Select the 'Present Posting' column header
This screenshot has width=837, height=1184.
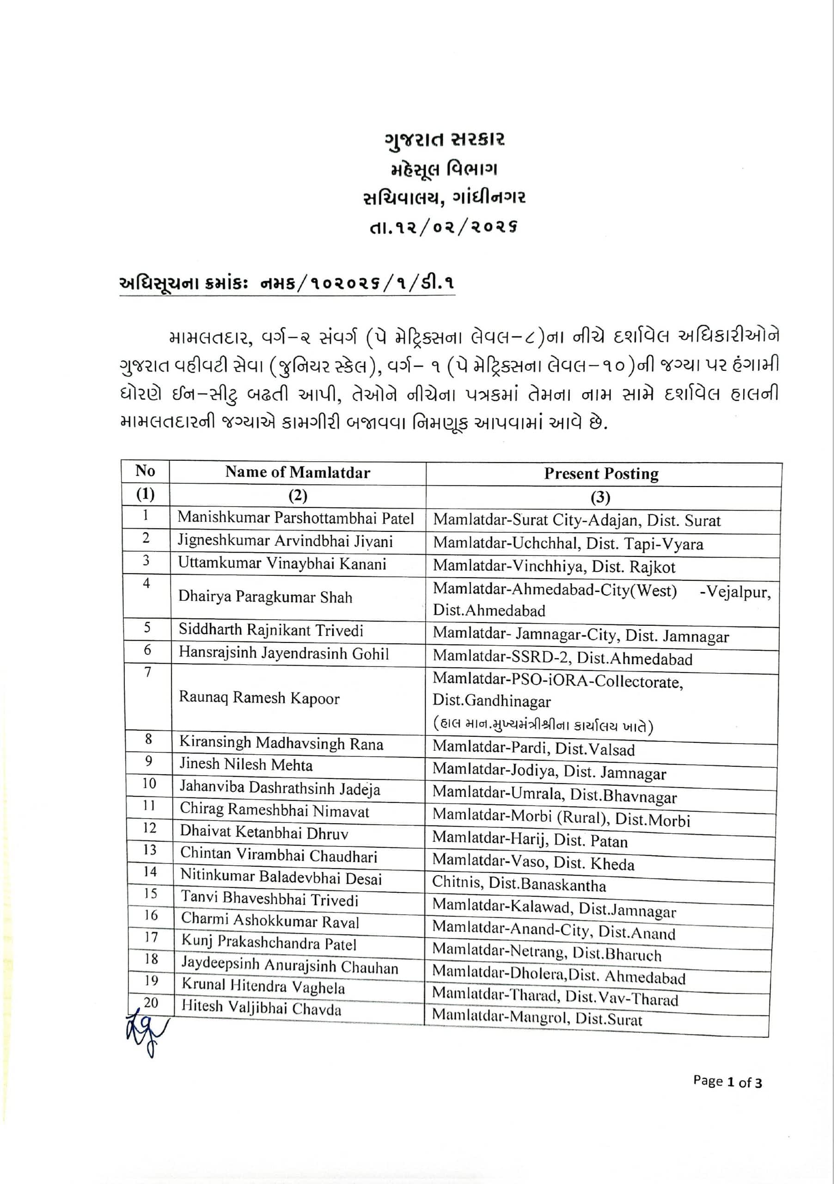point(601,474)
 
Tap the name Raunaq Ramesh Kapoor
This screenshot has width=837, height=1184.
point(259,698)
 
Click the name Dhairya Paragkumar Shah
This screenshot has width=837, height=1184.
point(265,597)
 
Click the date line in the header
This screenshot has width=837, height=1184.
point(443,227)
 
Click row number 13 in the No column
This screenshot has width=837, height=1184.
point(149,850)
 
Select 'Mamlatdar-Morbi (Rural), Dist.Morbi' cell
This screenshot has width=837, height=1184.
point(561,817)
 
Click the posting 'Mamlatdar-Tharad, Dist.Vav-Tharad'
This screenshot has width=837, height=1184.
point(555,997)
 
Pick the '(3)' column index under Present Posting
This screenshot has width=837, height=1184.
point(600,497)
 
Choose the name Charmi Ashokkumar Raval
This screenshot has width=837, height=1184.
point(269,922)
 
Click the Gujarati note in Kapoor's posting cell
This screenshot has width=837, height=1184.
point(543,726)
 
